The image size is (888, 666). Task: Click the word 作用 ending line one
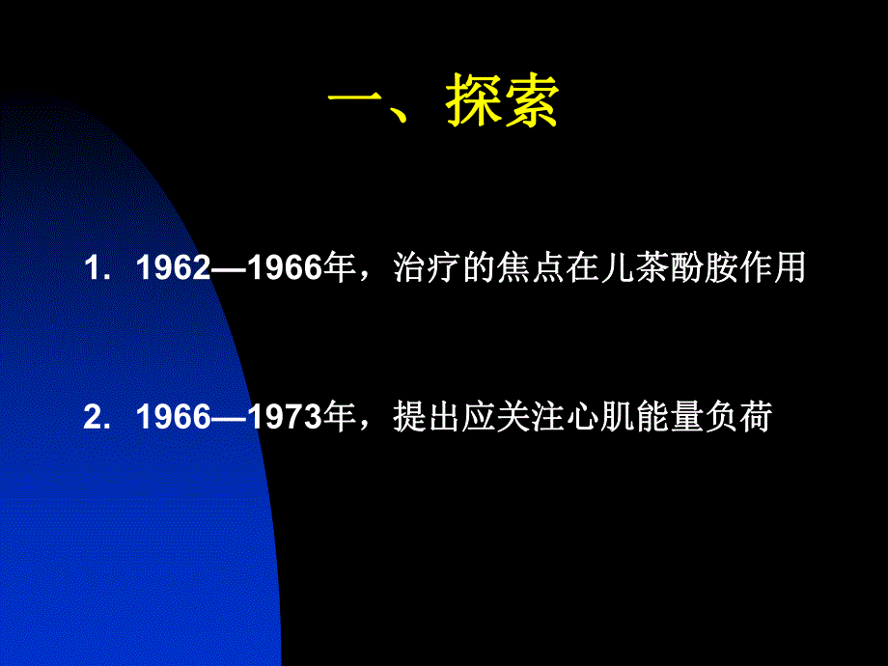pos(778,269)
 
